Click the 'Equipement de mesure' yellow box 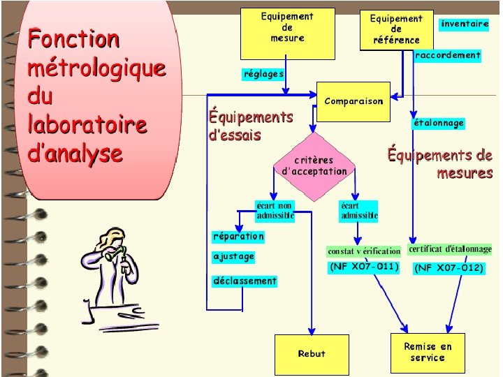(x=287, y=33)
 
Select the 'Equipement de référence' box (x=396, y=29)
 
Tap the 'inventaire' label (x=465, y=24)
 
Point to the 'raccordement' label (x=448, y=55)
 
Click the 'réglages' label (x=263, y=73)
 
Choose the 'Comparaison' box (x=353, y=101)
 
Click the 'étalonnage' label (x=439, y=123)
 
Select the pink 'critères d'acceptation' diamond (x=314, y=166)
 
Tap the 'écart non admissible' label (x=275, y=211)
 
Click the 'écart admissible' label (x=359, y=211)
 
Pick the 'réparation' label (x=239, y=236)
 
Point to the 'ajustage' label (x=234, y=256)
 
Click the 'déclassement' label (x=245, y=281)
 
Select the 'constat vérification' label (x=364, y=251)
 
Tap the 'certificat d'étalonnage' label (x=450, y=249)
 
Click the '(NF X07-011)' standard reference (x=364, y=267)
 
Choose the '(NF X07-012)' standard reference (x=449, y=267)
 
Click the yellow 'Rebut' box (x=311, y=354)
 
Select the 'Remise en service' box (x=428, y=352)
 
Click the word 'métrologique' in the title (x=96, y=68)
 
